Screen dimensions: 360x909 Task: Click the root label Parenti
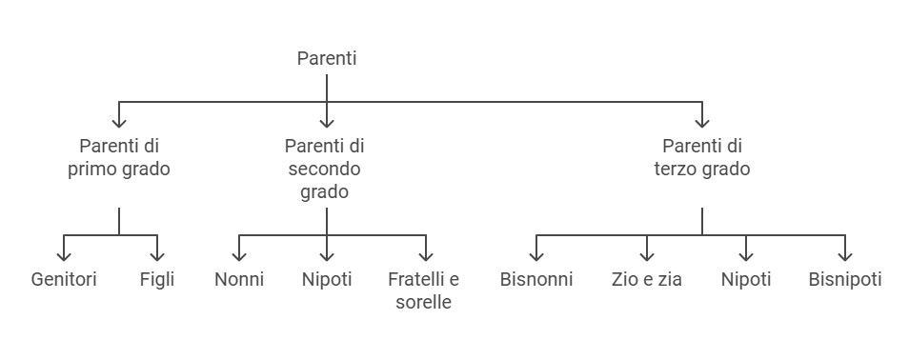point(327,59)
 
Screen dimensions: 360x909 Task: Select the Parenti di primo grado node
point(119,158)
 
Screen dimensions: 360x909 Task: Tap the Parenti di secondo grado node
point(326,169)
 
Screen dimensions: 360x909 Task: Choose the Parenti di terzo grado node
point(701,158)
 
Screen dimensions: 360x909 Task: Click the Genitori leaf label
point(64,280)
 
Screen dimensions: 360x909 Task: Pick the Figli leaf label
point(157,280)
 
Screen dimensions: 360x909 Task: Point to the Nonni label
point(239,280)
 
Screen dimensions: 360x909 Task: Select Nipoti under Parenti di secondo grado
point(327,280)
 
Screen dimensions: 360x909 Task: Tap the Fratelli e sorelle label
point(423,290)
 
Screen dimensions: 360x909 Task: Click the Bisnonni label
point(536,280)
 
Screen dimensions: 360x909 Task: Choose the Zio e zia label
point(647,280)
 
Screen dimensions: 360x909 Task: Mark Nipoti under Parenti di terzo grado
point(746,280)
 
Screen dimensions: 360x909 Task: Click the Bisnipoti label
point(845,280)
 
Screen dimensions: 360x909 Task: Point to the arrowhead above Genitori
point(64,255)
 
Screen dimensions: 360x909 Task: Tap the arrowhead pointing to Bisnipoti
point(845,255)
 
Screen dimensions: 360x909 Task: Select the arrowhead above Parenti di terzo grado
point(702,121)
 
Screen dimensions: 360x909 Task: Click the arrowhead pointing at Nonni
point(239,255)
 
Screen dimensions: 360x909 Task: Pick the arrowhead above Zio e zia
point(647,255)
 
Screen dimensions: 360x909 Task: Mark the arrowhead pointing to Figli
point(157,255)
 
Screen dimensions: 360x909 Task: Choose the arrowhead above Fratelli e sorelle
point(426,255)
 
